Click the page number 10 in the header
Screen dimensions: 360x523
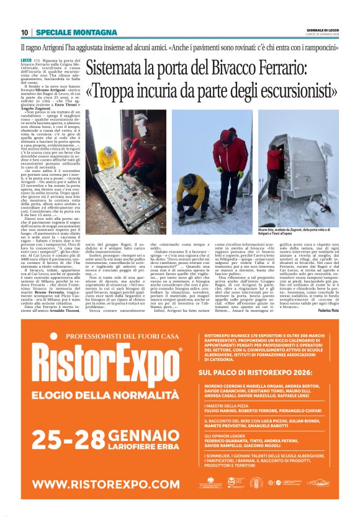click(x=24, y=32)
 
